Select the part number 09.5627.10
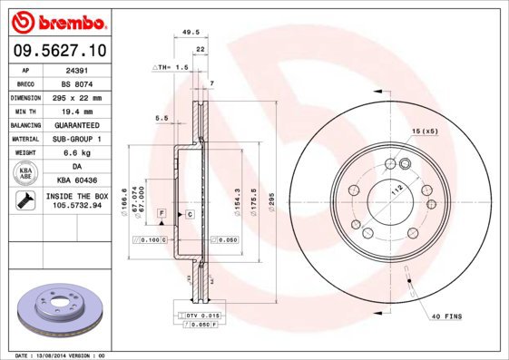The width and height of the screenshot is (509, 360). pos(59,52)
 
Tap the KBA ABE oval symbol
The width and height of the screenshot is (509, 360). pos(27,174)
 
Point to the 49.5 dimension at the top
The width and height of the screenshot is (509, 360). pos(191,32)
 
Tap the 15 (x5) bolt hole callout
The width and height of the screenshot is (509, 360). pos(425,132)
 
